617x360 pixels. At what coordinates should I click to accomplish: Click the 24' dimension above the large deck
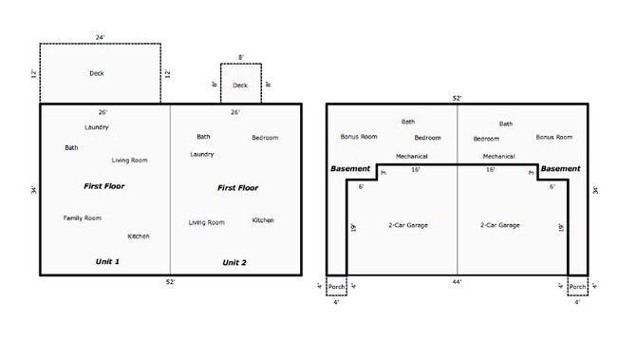click(99, 37)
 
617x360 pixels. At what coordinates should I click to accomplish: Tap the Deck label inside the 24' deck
click(97, 73)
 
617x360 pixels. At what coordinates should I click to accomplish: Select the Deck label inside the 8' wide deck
click(240, 85)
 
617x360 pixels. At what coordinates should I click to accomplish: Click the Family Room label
click(83, 218)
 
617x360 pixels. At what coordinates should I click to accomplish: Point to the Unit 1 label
click(107, 261)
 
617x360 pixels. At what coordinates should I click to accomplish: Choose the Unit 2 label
click(234, 261)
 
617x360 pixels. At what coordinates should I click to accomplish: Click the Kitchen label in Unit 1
click(139, 236)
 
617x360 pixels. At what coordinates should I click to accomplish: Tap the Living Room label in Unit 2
click(206, 222)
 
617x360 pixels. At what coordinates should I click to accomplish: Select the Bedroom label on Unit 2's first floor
click(265, 138)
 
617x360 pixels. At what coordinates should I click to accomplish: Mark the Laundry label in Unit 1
click(96, 127)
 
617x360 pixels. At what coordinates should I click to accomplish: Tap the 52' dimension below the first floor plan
click(170, 282)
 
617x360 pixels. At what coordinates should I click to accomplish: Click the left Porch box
click(336, 286)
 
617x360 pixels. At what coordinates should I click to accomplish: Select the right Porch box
click(577, 286)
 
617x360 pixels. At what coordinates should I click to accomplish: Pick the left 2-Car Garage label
click(408, 225)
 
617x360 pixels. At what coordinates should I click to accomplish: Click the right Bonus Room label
click(553, 137)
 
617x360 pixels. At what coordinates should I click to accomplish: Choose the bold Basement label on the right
click(560, 169)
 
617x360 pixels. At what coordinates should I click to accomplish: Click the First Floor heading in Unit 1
click(104, 186)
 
